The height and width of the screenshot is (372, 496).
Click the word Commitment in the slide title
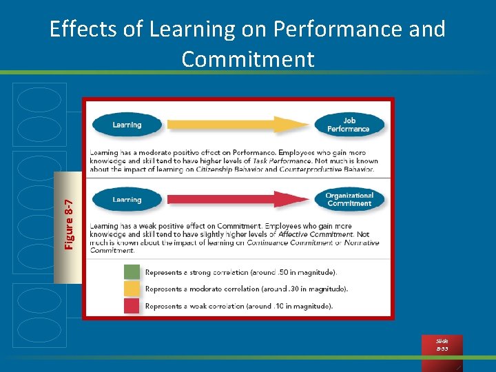click(x=248, y=59)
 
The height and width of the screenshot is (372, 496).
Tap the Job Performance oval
click(x=349, y=125)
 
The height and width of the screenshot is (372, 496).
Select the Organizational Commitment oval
click(x=349, y=200)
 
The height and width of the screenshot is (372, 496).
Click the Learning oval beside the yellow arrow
click(x=127, y=125)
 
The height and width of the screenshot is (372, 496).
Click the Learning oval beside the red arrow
click(x=127, y=200)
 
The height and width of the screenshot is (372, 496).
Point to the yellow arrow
click(x=238, y=125)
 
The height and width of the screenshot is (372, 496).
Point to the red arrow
click(x=238, y=200)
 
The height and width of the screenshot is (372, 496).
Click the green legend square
click(x=132, y=272)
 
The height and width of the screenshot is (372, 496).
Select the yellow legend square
click(x=132, y=289)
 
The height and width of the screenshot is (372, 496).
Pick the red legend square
click(x=132, y=305)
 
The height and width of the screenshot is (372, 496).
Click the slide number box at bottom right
click(x=442, y=345)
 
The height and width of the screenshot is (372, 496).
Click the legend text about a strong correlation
click(x=241, y=272)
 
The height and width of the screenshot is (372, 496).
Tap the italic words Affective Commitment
click(x=318, y=234)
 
